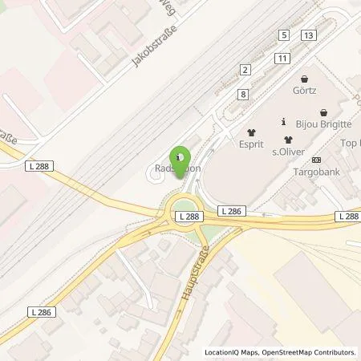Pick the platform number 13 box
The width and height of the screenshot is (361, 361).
pos(308,35)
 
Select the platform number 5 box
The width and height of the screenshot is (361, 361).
pos(284,35)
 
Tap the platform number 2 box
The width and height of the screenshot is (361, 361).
pos(244,71)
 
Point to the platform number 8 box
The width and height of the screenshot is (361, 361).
pos(242,95)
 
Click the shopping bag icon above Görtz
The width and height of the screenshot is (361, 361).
pos(304,79)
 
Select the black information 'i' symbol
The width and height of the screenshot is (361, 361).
pos(282,123)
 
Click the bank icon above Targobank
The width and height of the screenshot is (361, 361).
pos(314,159)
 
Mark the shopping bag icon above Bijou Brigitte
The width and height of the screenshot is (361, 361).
pos(322,113)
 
